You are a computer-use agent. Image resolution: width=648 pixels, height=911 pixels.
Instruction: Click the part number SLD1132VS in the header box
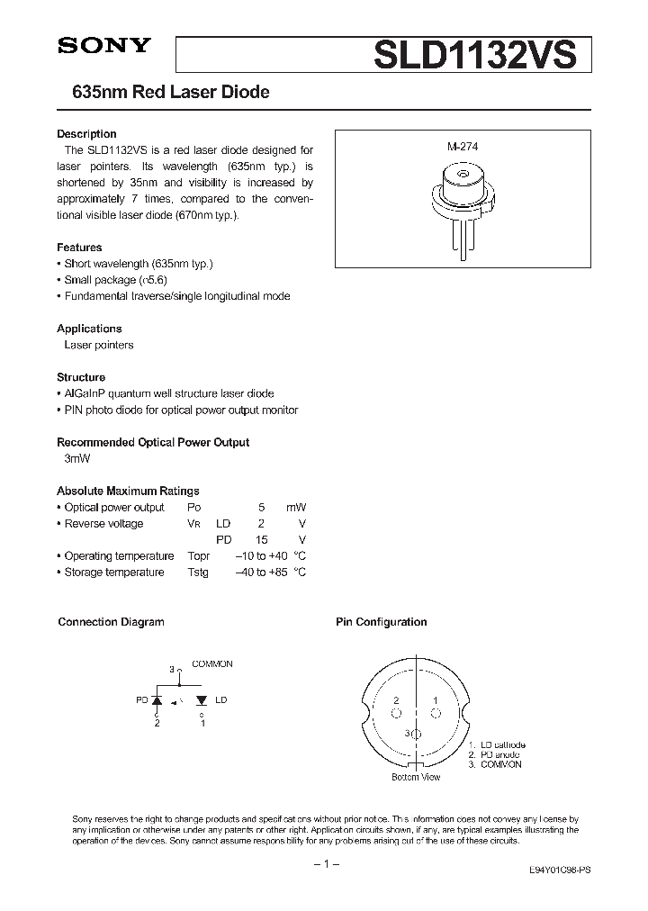click(x=473, y=56)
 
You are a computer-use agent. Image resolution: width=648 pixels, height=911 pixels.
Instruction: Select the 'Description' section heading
click(x=86, y=134)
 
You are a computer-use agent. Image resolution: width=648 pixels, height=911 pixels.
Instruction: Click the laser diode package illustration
click(x=463, y=200)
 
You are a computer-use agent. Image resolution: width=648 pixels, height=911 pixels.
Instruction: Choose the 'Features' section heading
click(x=79, y=248)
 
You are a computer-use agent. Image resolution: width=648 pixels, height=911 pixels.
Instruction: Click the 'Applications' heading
click(x=89, y=329)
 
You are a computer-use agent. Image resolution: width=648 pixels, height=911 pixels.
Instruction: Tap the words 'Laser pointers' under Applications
click(x=99, y=345)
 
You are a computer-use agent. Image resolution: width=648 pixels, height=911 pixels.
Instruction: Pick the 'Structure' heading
click(x=81, y=377)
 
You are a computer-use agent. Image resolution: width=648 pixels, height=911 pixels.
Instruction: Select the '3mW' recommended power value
click(x=77, y=458)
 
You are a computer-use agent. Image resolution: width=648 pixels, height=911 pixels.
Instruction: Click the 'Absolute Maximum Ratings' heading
click(x=128, y=491)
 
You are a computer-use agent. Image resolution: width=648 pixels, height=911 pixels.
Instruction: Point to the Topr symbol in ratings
click(x=199, y=556)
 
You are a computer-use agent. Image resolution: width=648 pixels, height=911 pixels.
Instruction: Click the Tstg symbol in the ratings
click(x=198, y=573)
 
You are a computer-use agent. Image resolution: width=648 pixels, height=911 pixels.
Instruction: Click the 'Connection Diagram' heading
click(x=111, y=622)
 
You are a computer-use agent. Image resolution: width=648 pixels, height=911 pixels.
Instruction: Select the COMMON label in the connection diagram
click(x=212, y=663)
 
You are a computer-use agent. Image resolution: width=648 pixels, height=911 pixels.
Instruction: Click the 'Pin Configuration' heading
click(x=382, y=622)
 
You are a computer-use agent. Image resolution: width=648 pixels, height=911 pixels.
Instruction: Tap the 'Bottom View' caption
click(x=417, y=777)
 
